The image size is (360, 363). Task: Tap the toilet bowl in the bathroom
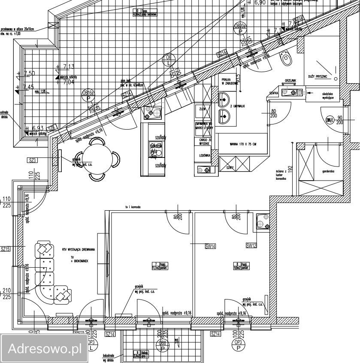click(x=286, y=59)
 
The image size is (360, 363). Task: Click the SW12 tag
click(x=251, y=246)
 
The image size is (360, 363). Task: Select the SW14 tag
click(x=210, y=246)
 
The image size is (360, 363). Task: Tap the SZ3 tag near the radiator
click(x=33, y=160)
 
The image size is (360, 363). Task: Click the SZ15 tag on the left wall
click(x=6, y=248)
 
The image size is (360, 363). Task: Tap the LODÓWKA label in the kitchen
click(x=204, y=156)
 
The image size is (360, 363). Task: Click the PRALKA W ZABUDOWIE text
click(x=229, y=82)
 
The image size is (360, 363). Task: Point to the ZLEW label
click(x=203, y=109)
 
